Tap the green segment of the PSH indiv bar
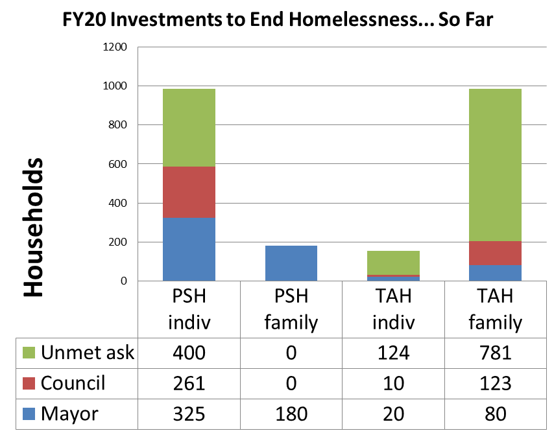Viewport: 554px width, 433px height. (188, 128)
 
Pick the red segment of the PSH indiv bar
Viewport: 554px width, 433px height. (188, 192)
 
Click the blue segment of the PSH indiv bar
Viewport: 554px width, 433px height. (188, 249)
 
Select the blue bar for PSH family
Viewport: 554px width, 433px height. (291, 263)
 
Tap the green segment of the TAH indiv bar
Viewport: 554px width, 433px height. (393, 263)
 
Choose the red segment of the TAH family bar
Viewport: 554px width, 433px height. (496, 253)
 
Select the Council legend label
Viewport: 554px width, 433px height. (73, 383)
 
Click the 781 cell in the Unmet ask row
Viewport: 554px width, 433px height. (496, 353)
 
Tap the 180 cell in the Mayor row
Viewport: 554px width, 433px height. (291, 414)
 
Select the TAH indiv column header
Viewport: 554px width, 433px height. (393, 309)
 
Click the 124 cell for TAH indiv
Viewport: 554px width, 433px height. (393, 353)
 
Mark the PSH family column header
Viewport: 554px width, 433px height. (291, 309)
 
